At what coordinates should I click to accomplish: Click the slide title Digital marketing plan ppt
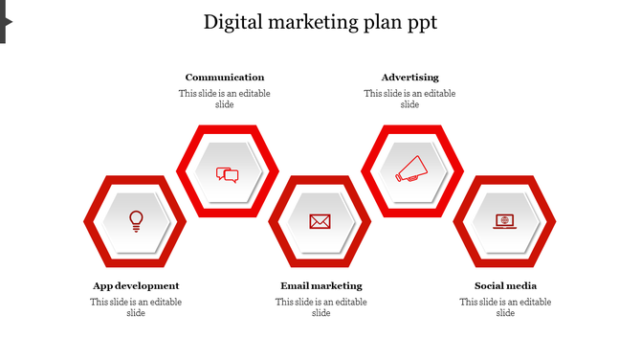(x=320, y=23)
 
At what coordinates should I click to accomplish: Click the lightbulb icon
(x=136, y=221)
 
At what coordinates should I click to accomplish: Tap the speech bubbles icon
(x=227, y=174)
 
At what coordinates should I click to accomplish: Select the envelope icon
(x=320, y=221)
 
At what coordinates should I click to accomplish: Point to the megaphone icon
(x=411, y=170)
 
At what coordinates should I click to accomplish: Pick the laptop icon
(x=504, y=221)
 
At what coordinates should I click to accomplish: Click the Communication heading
(x=225, y=77)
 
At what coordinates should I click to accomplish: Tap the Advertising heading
(x=409, y=77)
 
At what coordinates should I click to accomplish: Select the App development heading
(x=136, y=285)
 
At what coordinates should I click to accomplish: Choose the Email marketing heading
(x=321, y=285)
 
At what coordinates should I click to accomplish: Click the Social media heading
(x=505, y=285)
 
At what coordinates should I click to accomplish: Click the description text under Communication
(x=225, y=99)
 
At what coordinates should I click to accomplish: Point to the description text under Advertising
(x=409, y=99)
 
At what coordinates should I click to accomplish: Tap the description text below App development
(x=136, y=307)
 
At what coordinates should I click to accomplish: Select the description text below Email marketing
(x=321, y=307)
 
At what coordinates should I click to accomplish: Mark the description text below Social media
(x=505, y=307)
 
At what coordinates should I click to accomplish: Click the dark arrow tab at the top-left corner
(x=5, y=21)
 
